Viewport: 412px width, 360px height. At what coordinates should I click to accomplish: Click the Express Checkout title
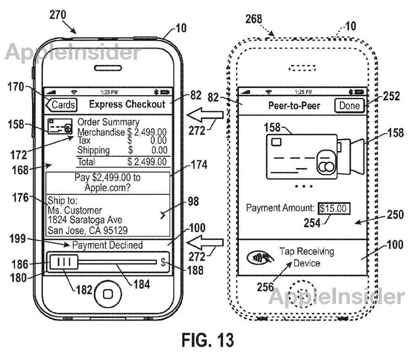[x=127, y=104]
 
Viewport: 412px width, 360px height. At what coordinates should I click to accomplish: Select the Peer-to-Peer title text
[x=294, y=106]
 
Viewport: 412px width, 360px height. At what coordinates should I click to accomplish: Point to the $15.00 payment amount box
[x=335, y=209]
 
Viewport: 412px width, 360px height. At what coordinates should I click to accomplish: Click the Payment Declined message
[x=107, y=245]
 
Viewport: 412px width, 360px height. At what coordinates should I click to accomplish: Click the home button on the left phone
[x=108, y=294]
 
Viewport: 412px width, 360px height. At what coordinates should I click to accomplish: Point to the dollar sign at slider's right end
[x=163, y=262]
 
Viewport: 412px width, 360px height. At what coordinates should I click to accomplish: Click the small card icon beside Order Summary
[x=60, y=127]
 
